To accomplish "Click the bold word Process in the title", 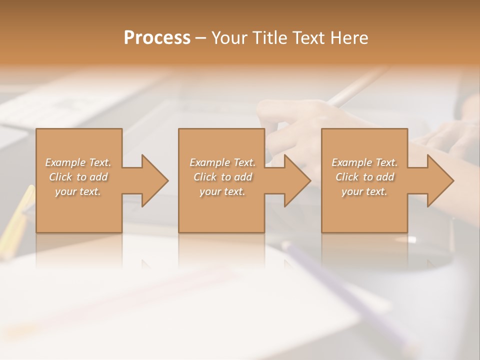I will tap(157, 38).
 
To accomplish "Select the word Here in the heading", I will tap(349, 38).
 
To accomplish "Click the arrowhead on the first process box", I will tap(153, 180).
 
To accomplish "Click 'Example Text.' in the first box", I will tap(78, 162).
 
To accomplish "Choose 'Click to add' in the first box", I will tap(78, 177).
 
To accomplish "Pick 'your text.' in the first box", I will tap(78, 191).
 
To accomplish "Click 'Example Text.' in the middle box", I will tap(222, 162).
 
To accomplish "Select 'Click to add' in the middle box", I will tap(222, 177).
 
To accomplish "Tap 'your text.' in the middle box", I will tap(222, 191).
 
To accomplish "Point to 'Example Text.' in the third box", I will tap(364, 162).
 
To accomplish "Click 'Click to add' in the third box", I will tap(364, 177).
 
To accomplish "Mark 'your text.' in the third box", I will tap(364, 191).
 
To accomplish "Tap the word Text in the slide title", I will tap(308, 38).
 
